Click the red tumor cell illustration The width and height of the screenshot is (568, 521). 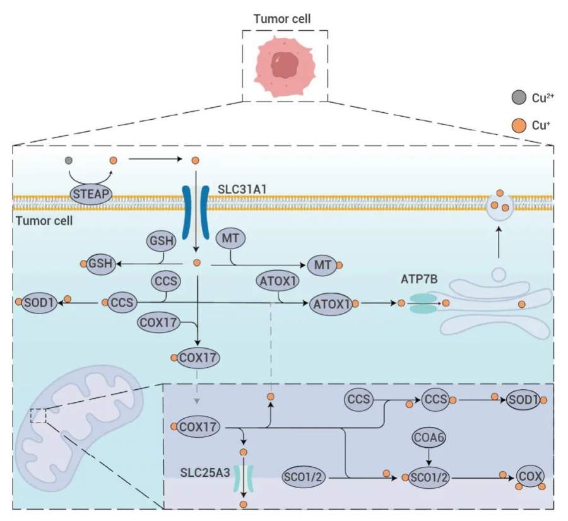coord(285,66)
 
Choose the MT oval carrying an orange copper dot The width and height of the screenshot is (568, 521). coord(323,265)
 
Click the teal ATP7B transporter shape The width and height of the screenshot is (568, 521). coord(423,303)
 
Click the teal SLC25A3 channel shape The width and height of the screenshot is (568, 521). coord(243,479)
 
